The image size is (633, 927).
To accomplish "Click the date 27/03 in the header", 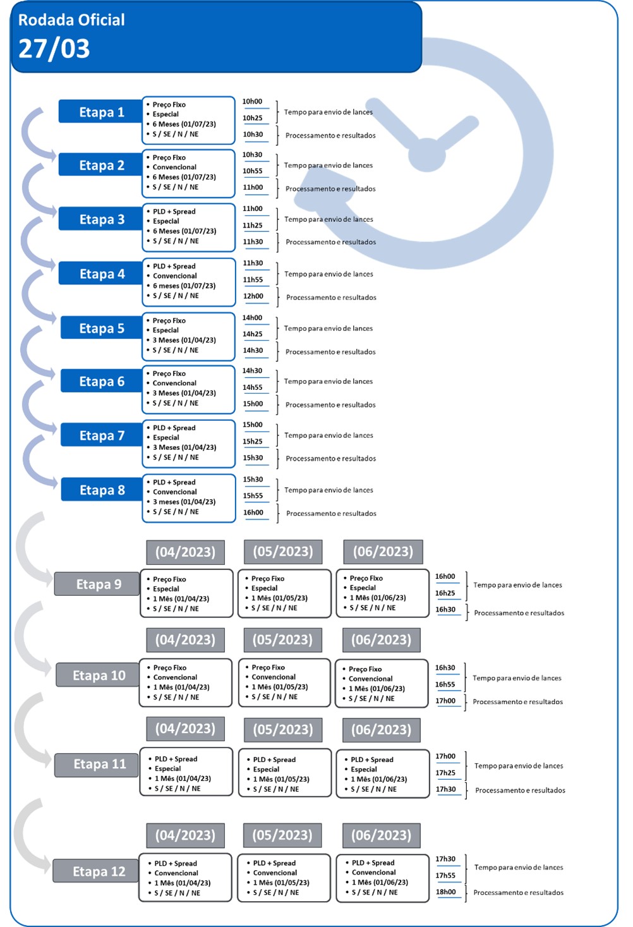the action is (x=54, y=49).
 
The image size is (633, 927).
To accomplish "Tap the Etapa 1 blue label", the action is (x=100, y=111).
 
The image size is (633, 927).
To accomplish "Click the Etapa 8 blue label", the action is (x=102, y=489).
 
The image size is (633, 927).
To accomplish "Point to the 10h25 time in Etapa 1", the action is (x=252, y=118).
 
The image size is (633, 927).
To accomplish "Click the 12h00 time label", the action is (x=253, y=296).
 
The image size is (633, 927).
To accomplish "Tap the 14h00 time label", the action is (x=252, y=317).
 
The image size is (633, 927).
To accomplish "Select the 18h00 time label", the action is (x=445, y=892).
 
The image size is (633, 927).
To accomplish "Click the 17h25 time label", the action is (x=445, y=772).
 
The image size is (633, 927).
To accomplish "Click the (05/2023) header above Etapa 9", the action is (x=283, y=552).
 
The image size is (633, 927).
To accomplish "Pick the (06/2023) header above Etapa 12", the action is (x=382, y=835).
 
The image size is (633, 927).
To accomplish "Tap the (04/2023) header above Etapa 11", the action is (x=185, y=729).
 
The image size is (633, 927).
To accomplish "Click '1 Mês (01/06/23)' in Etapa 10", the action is (x=377, y=688).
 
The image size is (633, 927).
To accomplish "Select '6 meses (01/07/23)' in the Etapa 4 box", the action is (x=184, y=286).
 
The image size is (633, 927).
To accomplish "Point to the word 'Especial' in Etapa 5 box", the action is (x=166, y=330).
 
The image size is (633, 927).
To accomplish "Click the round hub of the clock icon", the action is (x=428, y=155).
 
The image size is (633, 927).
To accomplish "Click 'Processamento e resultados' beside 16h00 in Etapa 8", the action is (x=331, y=513).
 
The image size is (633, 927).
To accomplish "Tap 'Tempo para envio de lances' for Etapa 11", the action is (x=519, y=766).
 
